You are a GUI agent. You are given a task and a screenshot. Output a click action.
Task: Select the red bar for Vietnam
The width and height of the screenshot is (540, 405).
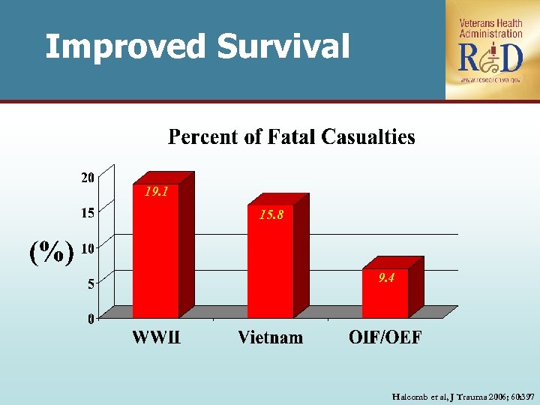coord(271,262)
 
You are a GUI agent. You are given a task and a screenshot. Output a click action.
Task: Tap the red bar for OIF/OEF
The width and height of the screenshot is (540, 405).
coord(385,294)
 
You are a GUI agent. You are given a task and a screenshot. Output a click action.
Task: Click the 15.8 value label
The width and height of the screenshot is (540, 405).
coord(271,215)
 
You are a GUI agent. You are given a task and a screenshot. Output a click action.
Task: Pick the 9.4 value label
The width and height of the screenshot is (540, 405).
coord(386,277)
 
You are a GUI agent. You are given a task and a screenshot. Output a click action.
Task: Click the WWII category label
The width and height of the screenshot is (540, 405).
coord(156,337)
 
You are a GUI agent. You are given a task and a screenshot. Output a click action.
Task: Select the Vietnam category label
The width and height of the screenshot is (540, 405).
coord(271,337)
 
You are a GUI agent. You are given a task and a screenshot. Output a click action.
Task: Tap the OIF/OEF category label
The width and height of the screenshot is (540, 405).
coord(385,337)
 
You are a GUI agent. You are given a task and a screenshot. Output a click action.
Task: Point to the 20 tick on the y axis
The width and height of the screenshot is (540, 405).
coord(88,178)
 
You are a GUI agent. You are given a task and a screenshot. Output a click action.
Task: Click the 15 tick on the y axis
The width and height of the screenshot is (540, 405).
coord(88,212)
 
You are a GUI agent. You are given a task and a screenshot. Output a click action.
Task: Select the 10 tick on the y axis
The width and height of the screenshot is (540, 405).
coord(88,247)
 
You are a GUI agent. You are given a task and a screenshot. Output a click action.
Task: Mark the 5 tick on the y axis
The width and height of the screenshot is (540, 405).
coord(91,283)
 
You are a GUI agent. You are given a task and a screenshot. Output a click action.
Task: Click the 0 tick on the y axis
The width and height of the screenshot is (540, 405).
coord(91,319)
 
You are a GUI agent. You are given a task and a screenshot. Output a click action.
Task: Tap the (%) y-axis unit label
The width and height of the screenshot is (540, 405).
coord(51,252)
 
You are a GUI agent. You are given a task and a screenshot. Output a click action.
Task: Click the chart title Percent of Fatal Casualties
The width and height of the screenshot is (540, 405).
coord(291,137)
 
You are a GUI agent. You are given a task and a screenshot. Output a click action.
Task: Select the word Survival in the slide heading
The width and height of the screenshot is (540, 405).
coord(283,46)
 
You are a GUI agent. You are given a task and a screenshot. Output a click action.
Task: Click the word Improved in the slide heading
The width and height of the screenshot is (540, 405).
coord(124,46)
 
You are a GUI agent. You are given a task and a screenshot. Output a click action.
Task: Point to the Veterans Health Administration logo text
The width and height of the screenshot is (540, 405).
coord(491,28)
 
